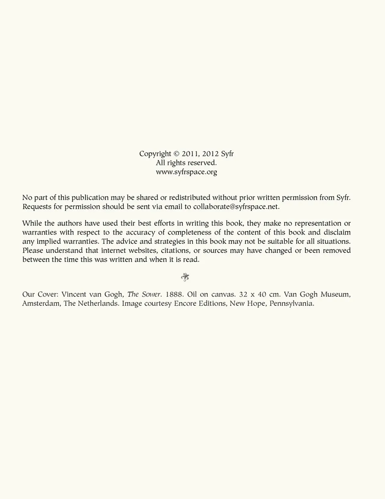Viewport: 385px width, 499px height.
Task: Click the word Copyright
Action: [x=155, y=154]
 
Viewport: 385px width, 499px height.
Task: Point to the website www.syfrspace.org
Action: [x=186, y=172]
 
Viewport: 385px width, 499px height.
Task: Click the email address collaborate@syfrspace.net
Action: [x=235, y=207]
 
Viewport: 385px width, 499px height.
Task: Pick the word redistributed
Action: [x=189, y=198]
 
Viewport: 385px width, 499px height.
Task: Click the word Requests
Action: [x=37, y=207]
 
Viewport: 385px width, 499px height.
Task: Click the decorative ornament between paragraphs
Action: [x=185, y=277]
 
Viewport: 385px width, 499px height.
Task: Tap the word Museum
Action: [x=335, y=294]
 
